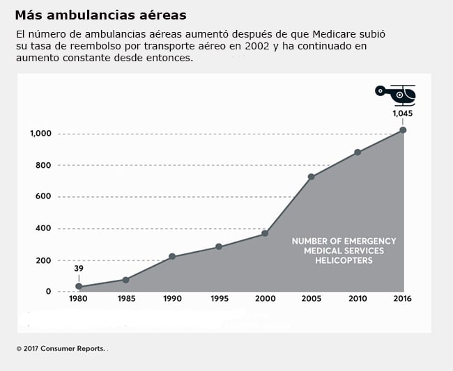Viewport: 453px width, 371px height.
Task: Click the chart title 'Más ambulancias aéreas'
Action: coord(100,14)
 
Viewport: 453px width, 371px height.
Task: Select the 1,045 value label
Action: coord(403,113)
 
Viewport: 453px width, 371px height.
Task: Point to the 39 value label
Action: coord(79,269)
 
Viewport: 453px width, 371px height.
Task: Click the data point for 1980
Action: coord(79,287)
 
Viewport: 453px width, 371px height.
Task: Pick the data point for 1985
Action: coord(125,280)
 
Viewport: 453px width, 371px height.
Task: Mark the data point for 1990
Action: coord(172,257)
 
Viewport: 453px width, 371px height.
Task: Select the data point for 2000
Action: coord(265,233)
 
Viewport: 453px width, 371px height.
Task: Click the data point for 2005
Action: coord(311,177)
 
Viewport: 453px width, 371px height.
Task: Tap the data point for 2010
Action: coord(358,152)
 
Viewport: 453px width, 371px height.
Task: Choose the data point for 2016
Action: coord(403,130)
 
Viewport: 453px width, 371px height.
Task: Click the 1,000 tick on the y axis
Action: coord(40,134)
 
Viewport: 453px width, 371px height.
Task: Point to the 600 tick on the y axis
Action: coord(43,197)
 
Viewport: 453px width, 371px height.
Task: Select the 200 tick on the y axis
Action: coord(43,260)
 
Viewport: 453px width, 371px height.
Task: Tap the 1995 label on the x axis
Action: coord(218,299)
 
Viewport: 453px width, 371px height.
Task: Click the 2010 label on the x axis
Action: coord(358,299)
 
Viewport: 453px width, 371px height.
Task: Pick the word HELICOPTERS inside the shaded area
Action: coord(344,260)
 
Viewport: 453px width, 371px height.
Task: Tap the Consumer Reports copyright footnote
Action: coord(61,348)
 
